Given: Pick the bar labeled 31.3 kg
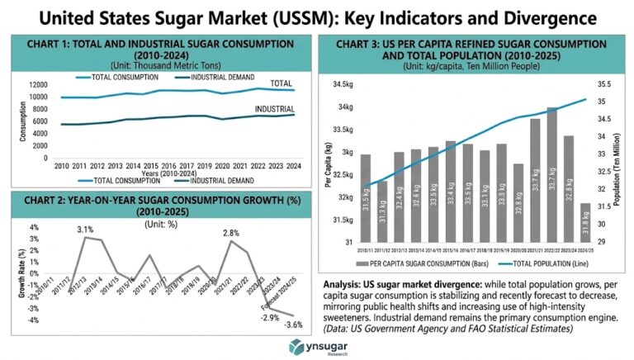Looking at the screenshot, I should coord(382,211).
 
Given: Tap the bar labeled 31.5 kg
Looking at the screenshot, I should coord(365,198).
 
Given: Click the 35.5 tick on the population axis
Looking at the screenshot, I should coord(602,84).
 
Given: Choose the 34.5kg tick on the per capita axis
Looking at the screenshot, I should coord(343,84).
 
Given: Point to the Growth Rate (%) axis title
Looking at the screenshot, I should coord(12,273).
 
